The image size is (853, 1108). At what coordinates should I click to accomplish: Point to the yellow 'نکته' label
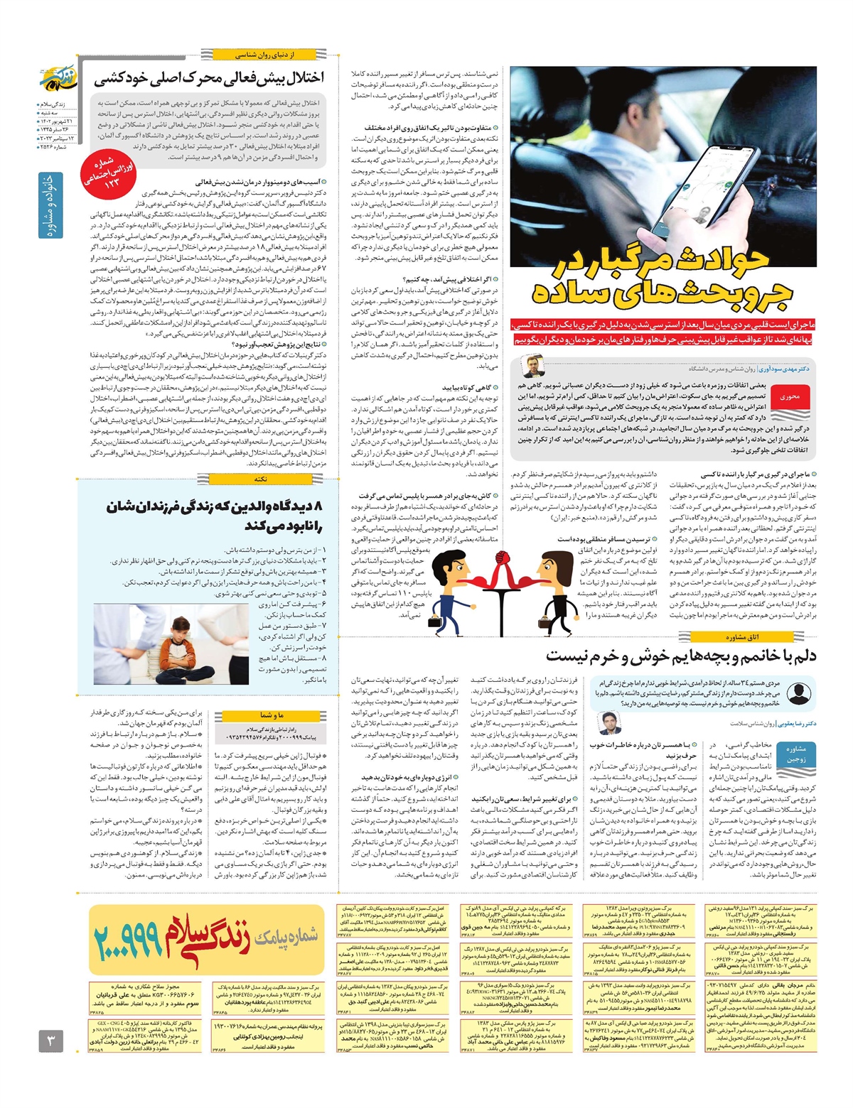(260, 479)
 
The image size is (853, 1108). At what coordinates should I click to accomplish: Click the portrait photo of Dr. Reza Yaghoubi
(608, 723)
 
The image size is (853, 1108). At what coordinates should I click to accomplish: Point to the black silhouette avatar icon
(799, 692)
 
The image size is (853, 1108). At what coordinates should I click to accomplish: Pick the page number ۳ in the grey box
(52, 1042)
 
